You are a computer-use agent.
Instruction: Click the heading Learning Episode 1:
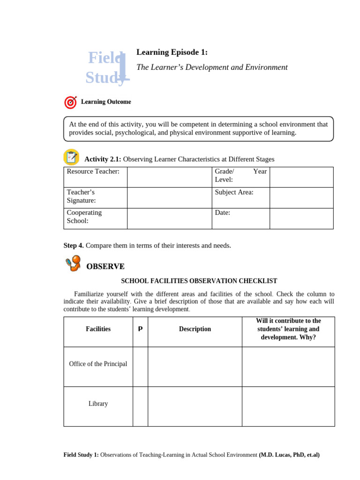[172, 52]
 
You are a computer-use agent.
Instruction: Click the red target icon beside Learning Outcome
[70, 102]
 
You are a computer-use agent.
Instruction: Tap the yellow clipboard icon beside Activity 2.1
[71, 157]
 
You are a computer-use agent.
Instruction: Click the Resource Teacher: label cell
[95, 177]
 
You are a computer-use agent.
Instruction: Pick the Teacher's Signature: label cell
[95, 197]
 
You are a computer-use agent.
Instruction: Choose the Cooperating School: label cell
[95, 218]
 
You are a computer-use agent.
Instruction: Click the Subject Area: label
[234, 192]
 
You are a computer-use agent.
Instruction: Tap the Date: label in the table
[223, 213]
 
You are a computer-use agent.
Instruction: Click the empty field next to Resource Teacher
[169, 177]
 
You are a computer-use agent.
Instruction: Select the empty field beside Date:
[301, 218]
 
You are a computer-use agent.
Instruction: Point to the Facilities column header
[98, 329]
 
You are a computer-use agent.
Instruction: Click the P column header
[140, 329]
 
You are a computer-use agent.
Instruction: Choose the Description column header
[195, 329]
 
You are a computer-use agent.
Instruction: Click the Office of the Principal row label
[98, 364]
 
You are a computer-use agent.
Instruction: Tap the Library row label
[98, 404]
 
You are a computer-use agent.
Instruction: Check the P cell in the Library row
[140, 406]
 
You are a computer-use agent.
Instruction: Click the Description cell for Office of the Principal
[195, 366]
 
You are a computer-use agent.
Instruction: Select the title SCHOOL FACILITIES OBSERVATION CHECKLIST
[199, 281]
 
